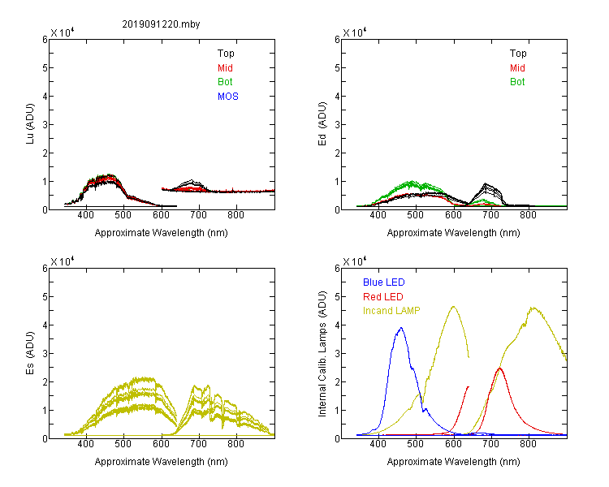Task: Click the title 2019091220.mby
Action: (x=161, y=24)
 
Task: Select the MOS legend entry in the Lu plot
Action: (x=227, y=97)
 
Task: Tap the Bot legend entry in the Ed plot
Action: (x=517, y=82)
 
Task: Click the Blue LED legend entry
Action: (x=384, y=282)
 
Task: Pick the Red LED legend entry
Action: (x=383, y=297)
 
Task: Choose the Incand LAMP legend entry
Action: (x=391, y=311)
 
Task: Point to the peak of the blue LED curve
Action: (x=401, y=328)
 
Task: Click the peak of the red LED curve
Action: (x=499, y=368)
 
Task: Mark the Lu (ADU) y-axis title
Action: (x=30, y=124)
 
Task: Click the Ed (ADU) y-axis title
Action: (x=322, y=124)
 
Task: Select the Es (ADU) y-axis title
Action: (x=30, y=353)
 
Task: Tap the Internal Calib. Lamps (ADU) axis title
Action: (x=322, y=354)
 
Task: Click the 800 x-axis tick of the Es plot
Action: (x=235, y=444)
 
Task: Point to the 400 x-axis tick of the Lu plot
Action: (x=86, y=215)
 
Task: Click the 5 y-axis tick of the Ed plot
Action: (x=337, y=68)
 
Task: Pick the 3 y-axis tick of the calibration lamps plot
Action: (x=337, y=354)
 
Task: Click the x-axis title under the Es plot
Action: (x=162, y=462)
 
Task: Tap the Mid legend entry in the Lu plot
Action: (x=225, y=68)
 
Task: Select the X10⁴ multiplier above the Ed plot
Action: (x=355, y=32)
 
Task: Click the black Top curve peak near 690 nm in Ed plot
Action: (x=485, y=183)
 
